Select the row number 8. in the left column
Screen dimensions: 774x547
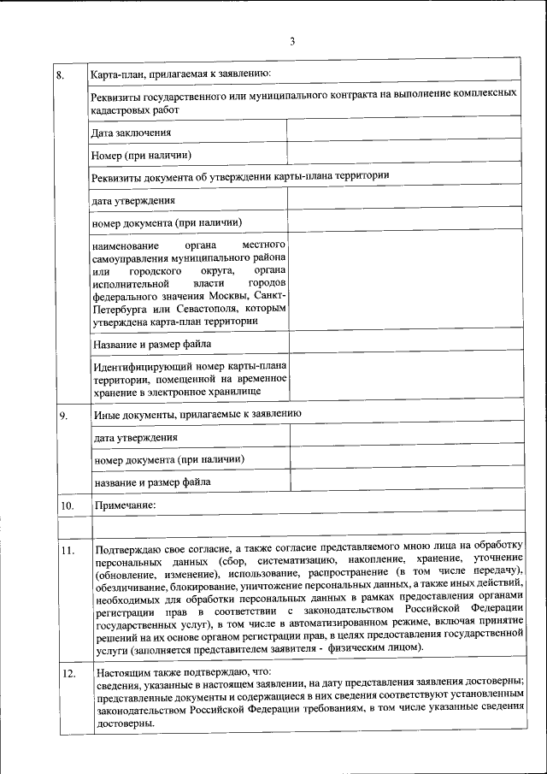[61, 75]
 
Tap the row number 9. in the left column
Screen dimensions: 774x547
[63, 417]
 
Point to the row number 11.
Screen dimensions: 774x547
[67, 550]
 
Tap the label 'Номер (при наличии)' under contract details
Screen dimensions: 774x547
[141, 155]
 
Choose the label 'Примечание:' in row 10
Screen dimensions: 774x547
[125, 505]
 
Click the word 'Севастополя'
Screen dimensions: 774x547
[208, 309]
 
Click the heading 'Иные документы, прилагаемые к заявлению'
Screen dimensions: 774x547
[196, 414]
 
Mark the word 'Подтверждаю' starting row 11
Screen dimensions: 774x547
[128, 545]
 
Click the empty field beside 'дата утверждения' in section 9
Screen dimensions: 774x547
[405, 436]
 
